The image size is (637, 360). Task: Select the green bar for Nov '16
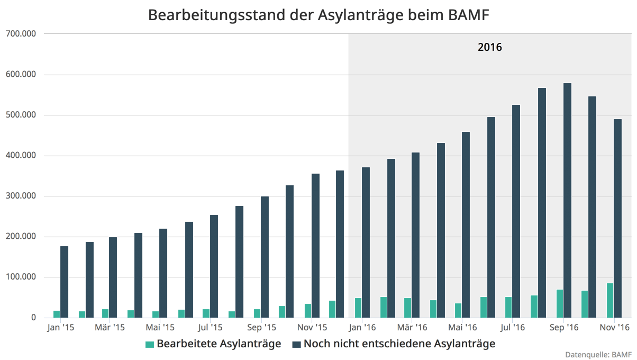click(610, 300)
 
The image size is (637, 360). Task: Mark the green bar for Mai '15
click(156, 314)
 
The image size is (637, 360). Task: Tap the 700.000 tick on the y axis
click(21, 34)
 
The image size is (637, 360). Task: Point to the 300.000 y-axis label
click(21, 196)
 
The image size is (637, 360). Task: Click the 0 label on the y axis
click(33, 318)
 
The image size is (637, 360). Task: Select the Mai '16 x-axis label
click(462, 328)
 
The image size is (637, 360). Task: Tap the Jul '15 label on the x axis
click(210, 328)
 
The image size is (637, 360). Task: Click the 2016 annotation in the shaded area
click(489, 47)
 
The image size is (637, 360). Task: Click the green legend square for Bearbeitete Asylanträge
click(150, 344)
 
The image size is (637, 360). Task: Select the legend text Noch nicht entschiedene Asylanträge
click(399, 344)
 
